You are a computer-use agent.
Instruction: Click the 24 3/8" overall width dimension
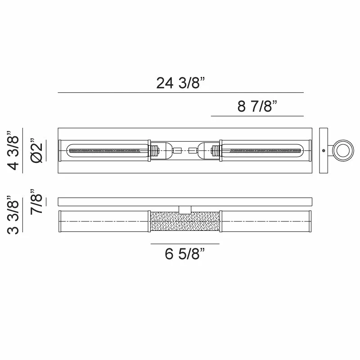coord(180,83)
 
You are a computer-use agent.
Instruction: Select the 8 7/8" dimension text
coord(257,106)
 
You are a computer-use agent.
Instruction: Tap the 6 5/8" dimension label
coord(184,254)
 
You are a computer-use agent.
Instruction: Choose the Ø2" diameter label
coord(37,151)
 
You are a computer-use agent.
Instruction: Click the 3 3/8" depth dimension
coord(13,215)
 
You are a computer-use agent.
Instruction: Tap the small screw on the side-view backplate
coord(324,151)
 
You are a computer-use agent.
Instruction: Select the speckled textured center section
coord(185,221)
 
